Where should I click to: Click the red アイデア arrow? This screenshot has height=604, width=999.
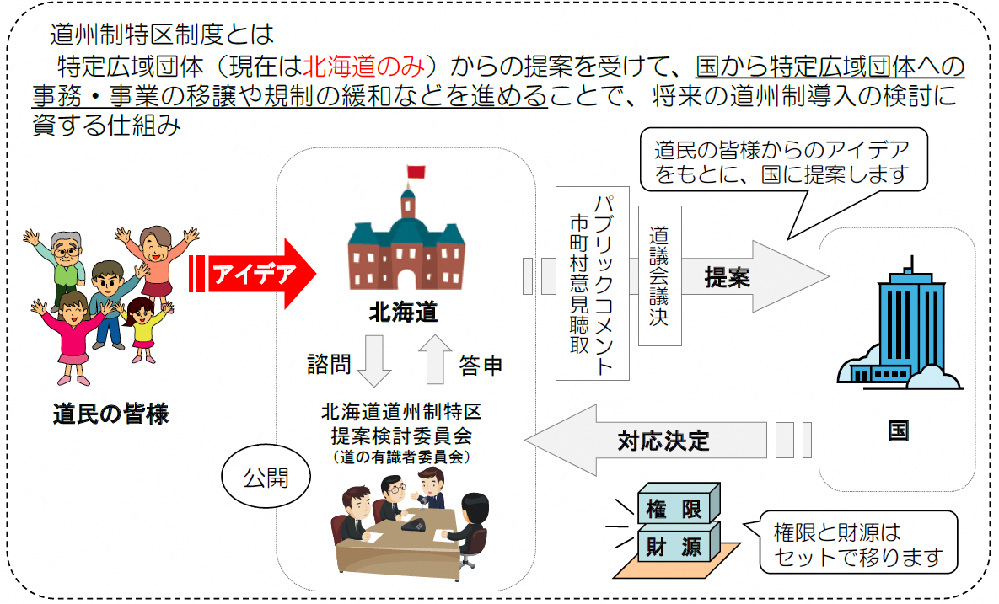pyautogui.click(x=253, y=274)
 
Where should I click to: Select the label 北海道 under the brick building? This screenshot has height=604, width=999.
pyautogui.click(x=405, y=313)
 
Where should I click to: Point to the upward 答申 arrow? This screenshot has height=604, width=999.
pyautogui.click(x=436, y=359)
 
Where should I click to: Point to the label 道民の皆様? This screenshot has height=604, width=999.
pyautogui.click(x=110, y=414)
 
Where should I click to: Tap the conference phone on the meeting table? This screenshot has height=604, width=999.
pyautogui.click(x=414, y=525)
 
